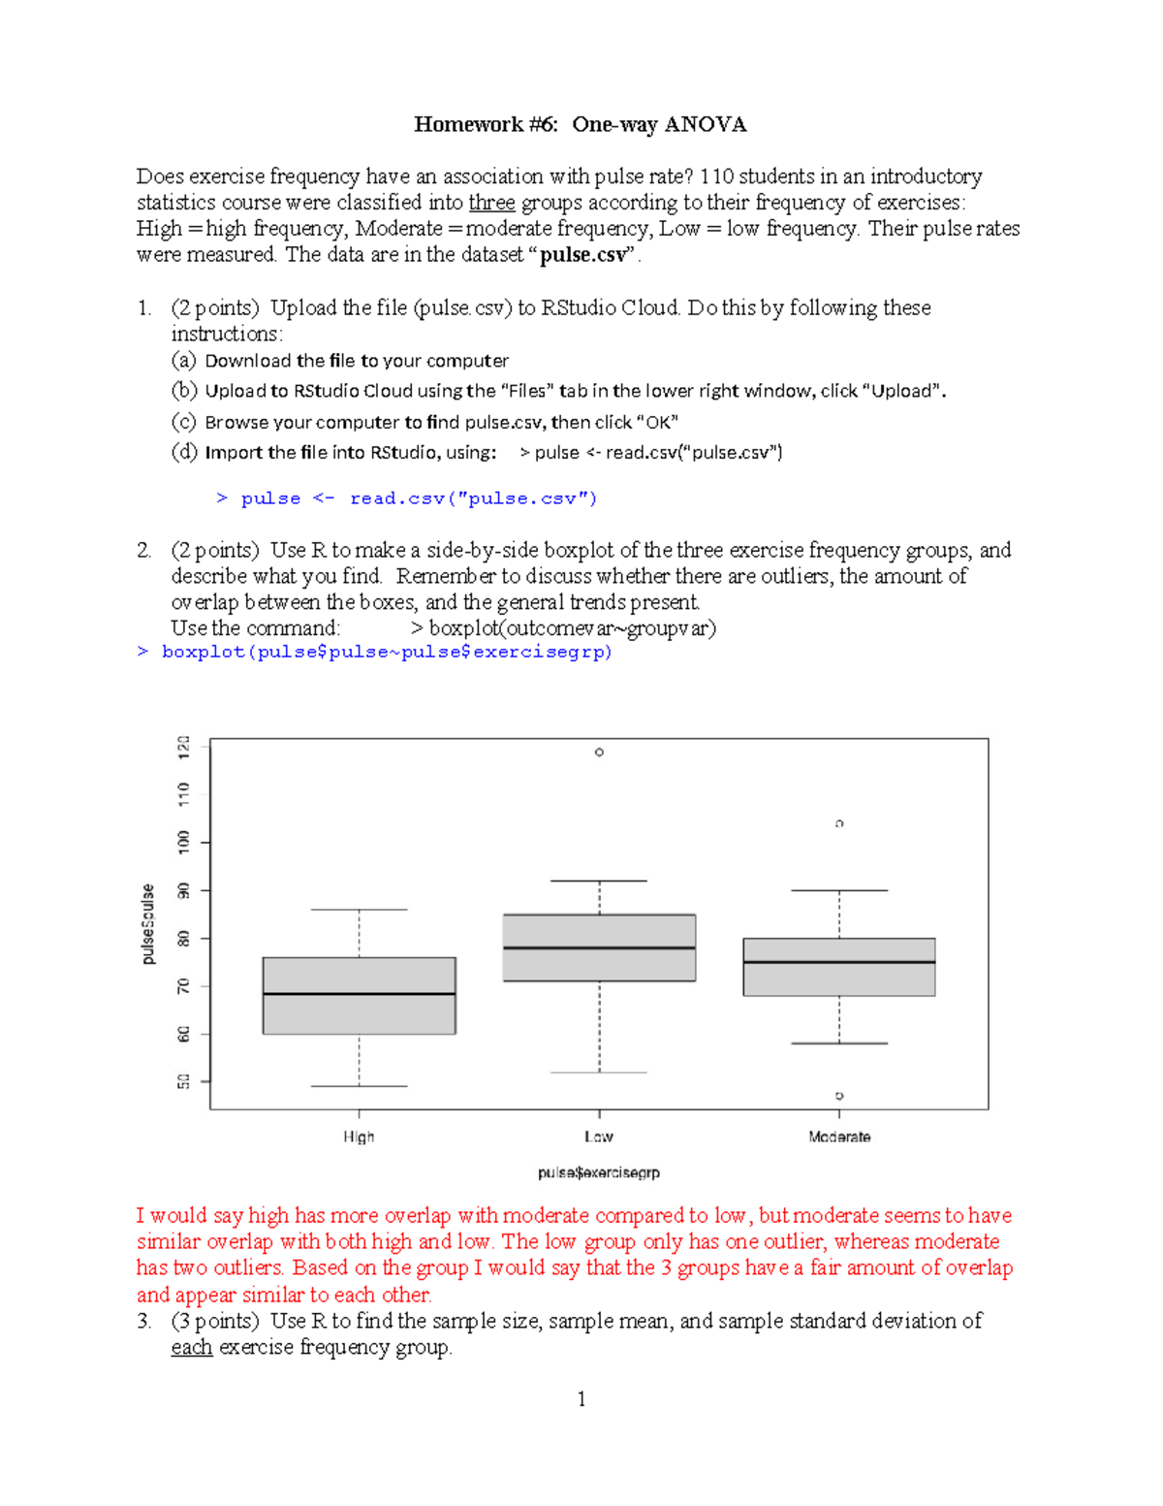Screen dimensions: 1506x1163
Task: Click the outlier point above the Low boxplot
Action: point(599,752)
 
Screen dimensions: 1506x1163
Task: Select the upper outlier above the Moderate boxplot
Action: point(839,823)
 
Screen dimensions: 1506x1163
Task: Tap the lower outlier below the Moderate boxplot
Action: point(839,1096)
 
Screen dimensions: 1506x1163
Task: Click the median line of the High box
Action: point(359,993)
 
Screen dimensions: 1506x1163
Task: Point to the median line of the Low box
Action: point(599,947)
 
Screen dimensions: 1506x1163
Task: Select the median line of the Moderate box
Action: point(839,962)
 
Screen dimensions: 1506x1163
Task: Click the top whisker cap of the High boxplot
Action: point(359,910)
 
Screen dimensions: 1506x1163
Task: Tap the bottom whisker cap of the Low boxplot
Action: point(599,1073)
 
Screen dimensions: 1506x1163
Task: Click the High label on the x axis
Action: point(359,1137)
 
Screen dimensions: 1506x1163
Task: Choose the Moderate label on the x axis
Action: point(839,1137)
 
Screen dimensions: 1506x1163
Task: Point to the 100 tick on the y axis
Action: point(184,841)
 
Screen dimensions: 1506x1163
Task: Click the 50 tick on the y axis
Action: point(184,1081)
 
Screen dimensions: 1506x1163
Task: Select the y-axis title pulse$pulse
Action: point(148,924)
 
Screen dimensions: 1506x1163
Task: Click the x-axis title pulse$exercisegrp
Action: point(599,1172)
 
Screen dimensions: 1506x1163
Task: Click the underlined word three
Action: point(491,203)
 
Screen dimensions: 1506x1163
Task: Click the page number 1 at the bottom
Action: point(581,1398)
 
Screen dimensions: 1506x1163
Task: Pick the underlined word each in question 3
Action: point(191,1347)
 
